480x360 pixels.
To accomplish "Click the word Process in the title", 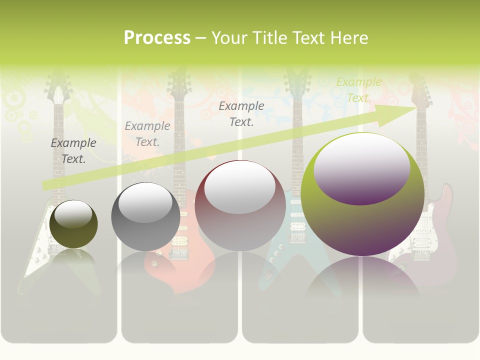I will tap(157, 38).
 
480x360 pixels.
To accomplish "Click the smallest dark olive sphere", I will tap(73, 224).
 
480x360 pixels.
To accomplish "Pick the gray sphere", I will tap(145, 217).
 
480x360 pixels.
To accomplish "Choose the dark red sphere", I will tap(240, 205).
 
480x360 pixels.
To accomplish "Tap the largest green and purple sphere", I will tap(362, 195).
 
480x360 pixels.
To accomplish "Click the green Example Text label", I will tap(359, 90).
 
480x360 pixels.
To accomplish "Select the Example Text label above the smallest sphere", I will tap(73, 151).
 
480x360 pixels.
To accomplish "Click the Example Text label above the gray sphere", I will tap(147, 134).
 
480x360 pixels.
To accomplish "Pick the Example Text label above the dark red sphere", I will tap(241, 114).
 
